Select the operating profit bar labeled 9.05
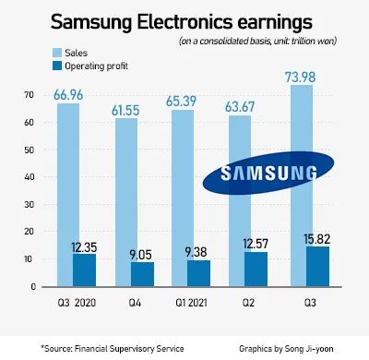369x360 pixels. pyautogui.click(x=142, y=274)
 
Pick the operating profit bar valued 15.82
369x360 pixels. pyautogui.click(x=317, y=267)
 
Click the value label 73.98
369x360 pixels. pyautogui.click(x=300, y=77)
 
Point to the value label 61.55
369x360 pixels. pyautogui.click(x=125, y=111)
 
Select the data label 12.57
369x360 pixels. pyautogui.click(x=256, y=244)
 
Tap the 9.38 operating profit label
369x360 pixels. pyautogui.click(x=196, y=252)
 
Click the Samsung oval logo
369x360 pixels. pyautogui.click(x=268, y=173)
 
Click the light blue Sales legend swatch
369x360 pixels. pyautogui.click(x=57, y=53)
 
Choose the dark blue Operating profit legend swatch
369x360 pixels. pyautogui.click(x=57, y=66)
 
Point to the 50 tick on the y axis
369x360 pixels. pyautogui.click(x=29, y=150)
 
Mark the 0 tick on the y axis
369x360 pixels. pyautogui.click(x=33, y=287)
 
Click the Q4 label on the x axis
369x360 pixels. pyautogui.click(x=135, y=303)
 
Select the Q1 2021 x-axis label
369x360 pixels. pyautogui.click(x=191, y=303)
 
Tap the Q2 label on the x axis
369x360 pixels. pyautogui.click(x=248, y=303)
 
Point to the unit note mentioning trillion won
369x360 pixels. pyautogui.click(x=257, y=41)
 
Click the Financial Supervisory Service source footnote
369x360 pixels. pyautogui.click(x=113, y=349)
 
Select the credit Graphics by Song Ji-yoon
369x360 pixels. pyautogui.click(x=286, y=349)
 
